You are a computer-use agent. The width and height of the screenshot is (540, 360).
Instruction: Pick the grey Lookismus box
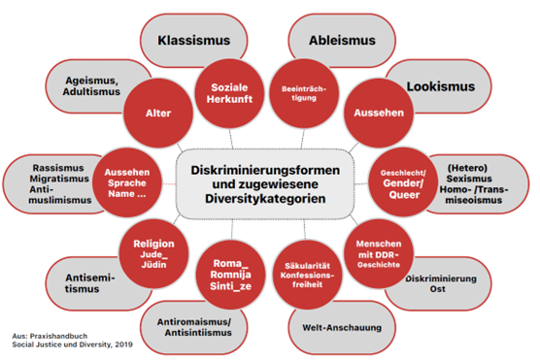(x=441, y=86)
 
